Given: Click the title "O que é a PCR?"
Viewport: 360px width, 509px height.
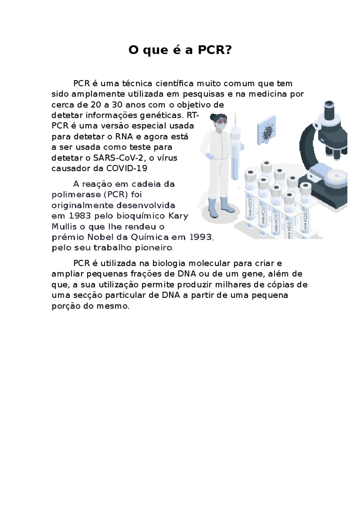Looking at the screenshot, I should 180,50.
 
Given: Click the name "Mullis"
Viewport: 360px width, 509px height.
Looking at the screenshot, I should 64,227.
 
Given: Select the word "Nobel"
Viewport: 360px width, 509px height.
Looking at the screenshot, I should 101,237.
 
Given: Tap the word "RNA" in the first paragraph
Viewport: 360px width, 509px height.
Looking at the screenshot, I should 124,137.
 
